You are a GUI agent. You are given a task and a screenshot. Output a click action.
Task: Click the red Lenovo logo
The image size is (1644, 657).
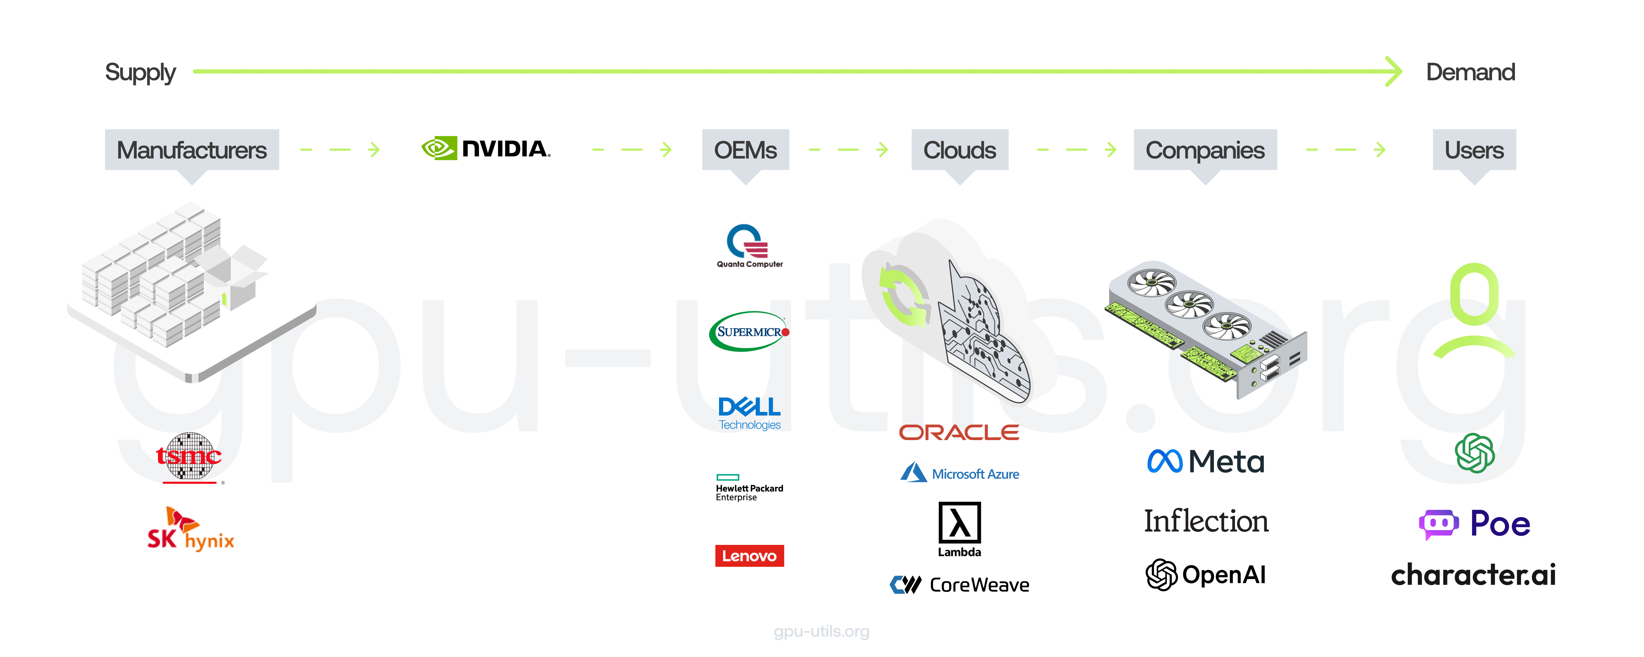[749, 556]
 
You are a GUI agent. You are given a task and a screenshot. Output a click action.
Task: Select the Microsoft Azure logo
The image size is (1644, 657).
[959, 473]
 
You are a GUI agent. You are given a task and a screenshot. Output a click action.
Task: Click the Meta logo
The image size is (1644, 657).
[1205, 461]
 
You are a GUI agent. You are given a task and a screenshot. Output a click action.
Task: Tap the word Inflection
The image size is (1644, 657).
[1205, 521]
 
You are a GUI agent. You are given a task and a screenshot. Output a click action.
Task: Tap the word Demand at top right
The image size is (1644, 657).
[1470, 72]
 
